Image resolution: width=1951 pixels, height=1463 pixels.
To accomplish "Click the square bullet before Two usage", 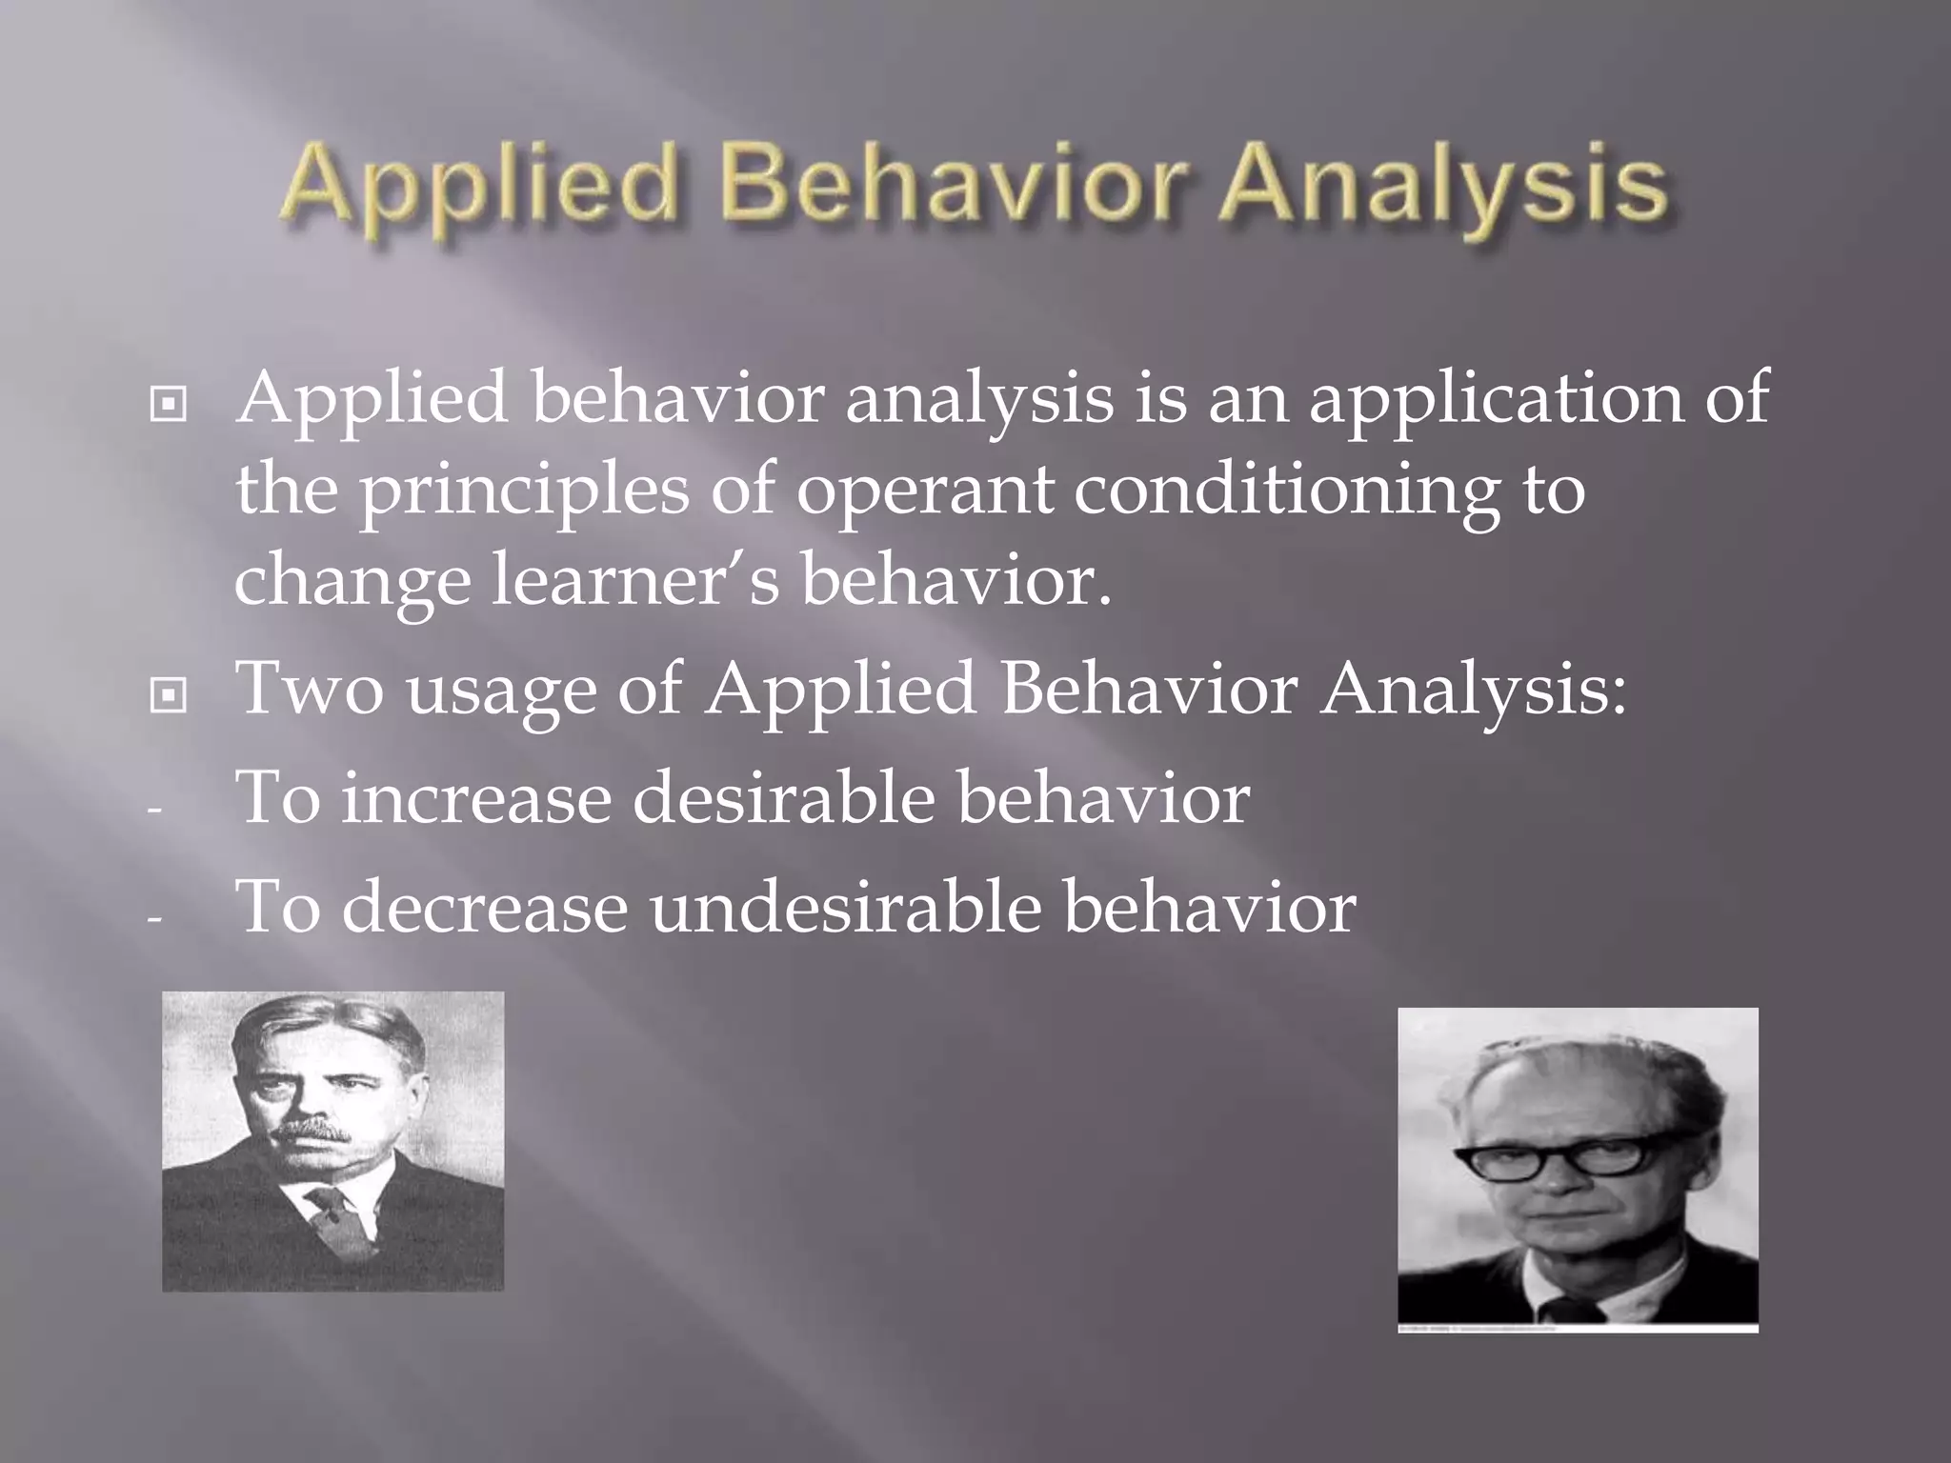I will (x=169, y=698).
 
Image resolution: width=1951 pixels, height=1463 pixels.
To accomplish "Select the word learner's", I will (x=636, y=583).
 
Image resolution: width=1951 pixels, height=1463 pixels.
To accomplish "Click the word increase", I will (x=475, y=798).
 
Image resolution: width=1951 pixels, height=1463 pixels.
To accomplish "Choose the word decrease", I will (x=484, y=907).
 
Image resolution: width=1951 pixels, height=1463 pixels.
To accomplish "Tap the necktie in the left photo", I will (x=335, y=1214).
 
